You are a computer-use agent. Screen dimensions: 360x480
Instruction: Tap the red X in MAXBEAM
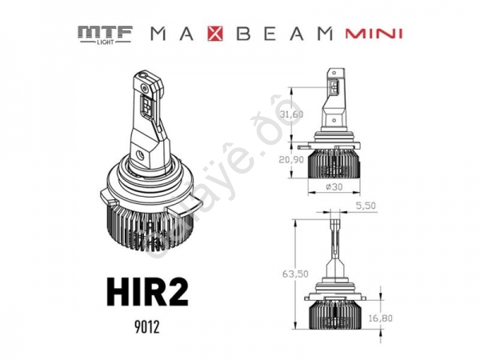point(218,34)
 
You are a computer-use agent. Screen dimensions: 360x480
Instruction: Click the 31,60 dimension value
point(291,114)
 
